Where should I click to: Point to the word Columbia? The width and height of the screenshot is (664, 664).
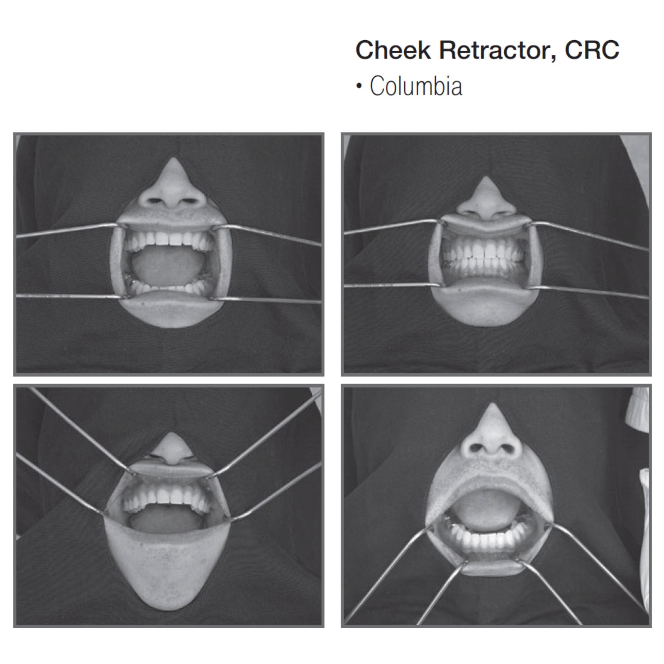click(x=416, y=86)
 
